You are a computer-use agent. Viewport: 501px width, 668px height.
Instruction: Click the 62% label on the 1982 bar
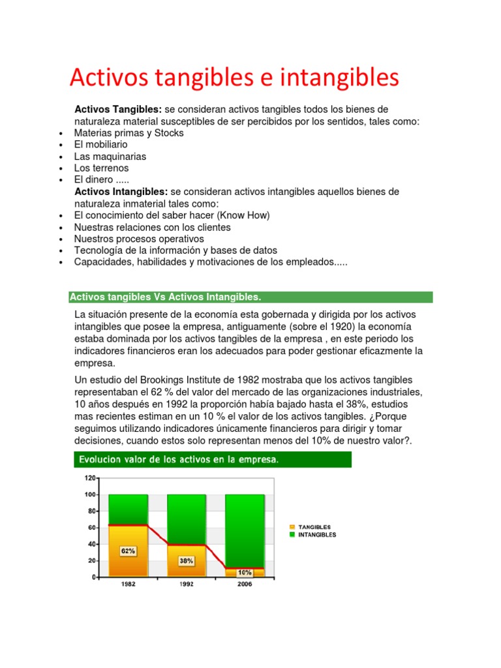[x=128, y=551]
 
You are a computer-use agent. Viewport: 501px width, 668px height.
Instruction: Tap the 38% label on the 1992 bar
[x=187, y=560]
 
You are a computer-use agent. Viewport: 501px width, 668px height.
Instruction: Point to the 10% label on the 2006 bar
[x=245, y=572]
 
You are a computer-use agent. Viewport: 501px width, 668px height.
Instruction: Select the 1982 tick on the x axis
[x=129, y=584]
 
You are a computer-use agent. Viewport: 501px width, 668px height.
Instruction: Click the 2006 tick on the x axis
[x=245, y=584]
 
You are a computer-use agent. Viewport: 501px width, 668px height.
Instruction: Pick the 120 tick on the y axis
[x=89, y=478]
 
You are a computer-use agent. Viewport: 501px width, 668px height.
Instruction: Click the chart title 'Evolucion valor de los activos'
[x=179, y=460]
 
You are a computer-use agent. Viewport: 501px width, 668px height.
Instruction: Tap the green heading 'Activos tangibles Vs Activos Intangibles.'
[x=166, y=297]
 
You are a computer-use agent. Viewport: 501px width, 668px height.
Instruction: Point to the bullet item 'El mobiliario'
[x=101, y=144]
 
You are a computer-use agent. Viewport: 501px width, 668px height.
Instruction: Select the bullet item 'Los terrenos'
[x=102, y=168]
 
